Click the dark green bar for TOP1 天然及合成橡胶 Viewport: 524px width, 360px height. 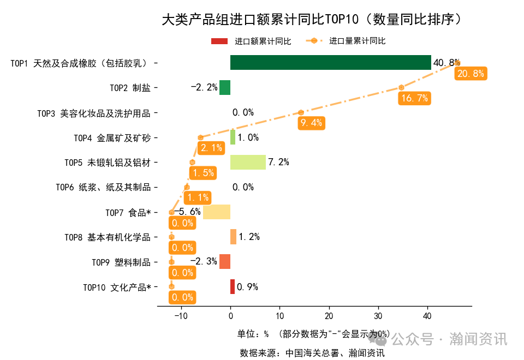(330, 63)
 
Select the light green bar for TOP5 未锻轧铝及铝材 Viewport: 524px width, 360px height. (248, 162)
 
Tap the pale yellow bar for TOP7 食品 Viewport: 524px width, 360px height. (217, 212)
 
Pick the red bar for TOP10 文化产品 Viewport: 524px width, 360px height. (233, 286)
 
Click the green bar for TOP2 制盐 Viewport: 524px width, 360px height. (225, 87)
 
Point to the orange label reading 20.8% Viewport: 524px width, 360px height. (470, 74)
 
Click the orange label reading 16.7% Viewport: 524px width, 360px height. (414, 98)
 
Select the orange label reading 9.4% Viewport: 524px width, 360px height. (311, 123)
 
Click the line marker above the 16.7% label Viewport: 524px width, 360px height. (402, 87)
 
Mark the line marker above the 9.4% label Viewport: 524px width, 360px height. (301, 112)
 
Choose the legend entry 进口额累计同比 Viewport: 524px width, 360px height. (251, 41)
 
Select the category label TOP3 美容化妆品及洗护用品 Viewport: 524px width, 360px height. (94, 113)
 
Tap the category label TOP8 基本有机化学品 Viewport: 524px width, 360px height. (108, 237)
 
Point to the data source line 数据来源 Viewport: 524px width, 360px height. (312, 353)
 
